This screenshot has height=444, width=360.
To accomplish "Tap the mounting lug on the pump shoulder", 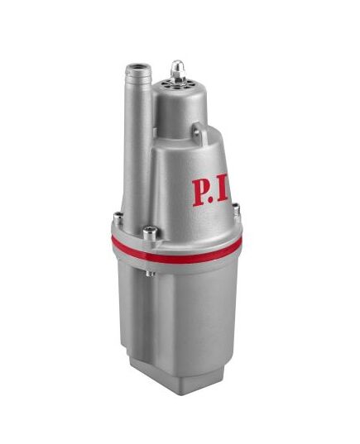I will point(199,131).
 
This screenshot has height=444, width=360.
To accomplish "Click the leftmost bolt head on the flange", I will point(118,218).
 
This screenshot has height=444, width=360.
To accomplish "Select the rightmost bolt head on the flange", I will point(236,212).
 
